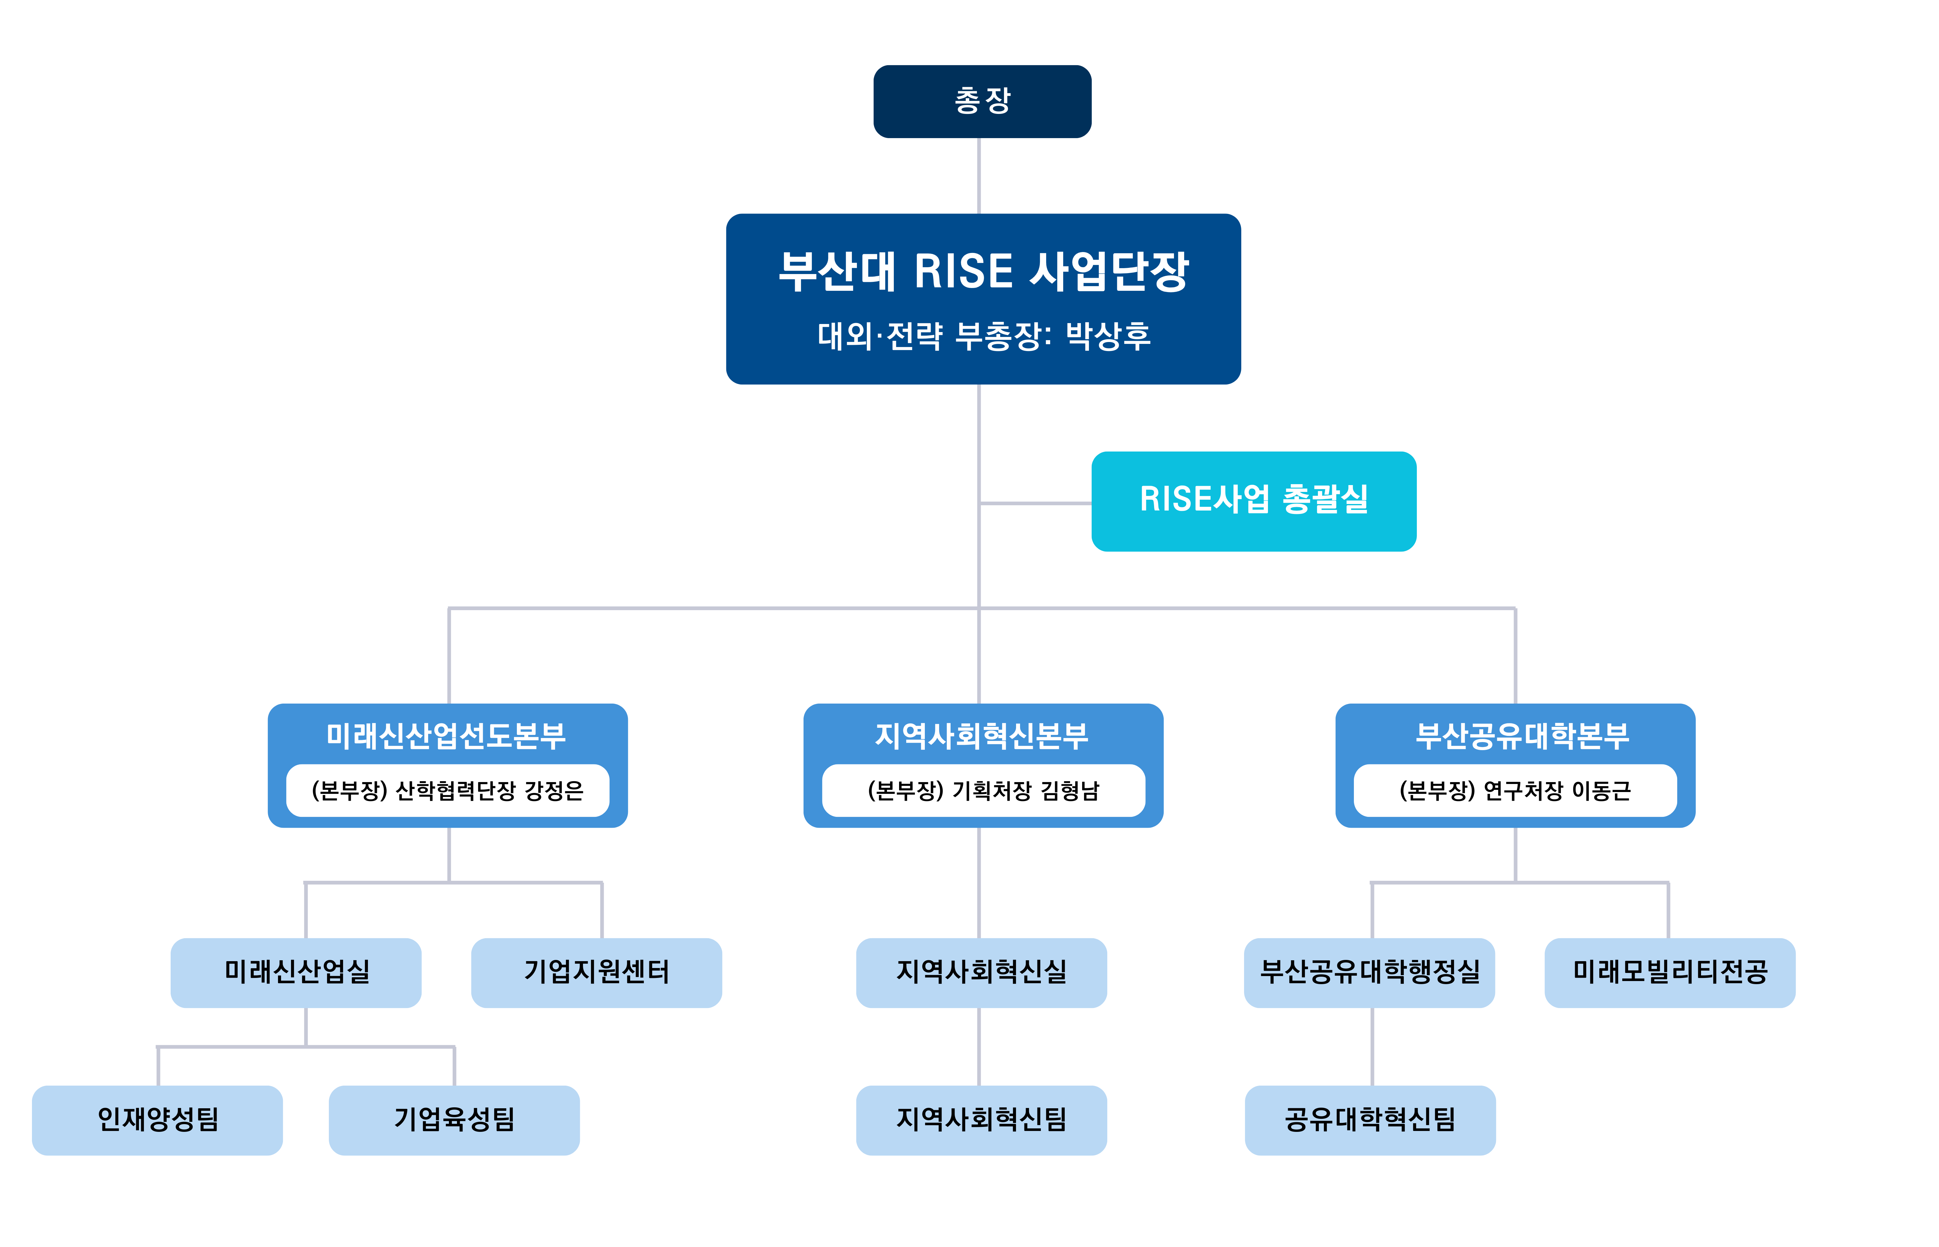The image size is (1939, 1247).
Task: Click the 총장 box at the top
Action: point(982,101)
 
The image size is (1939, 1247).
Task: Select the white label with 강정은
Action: point(448,790)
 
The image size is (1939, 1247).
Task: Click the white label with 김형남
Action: point(983,790)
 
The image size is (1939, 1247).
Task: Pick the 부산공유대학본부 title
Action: point(1521,735)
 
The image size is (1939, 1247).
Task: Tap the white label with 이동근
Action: point(1515,790)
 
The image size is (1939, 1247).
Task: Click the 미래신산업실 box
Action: point(296,972)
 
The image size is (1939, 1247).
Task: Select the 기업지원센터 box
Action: point(596,972)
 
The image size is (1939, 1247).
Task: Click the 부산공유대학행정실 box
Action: point(1369,972)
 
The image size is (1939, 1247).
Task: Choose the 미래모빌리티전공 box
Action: point(1669,972)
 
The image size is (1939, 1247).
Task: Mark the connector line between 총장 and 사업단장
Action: point(979,176)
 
